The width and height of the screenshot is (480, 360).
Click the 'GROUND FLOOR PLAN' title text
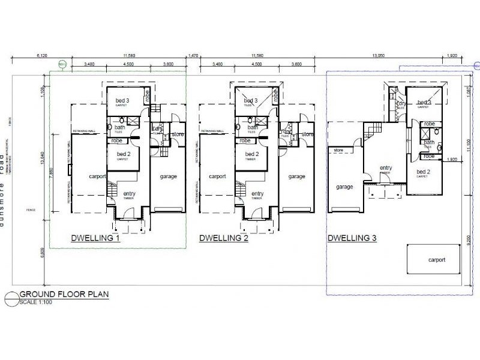(x=56, y=294)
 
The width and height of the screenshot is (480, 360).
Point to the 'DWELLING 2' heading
(x=222, y=238)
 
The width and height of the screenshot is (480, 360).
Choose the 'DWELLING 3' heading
(x=352, y=238)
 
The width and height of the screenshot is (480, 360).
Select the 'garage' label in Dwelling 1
(x=168, y=176)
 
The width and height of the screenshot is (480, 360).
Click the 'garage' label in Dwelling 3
(x=344, y=187)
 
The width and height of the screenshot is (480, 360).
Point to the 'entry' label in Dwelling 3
(x=385, y=168)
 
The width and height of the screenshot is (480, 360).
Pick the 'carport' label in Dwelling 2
(x=217, y=176)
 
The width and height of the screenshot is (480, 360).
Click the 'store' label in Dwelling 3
(x=338, y=149)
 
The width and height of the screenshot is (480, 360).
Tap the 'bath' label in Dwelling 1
(x=119, y=127)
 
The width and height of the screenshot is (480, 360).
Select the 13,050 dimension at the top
(x=378, y=55)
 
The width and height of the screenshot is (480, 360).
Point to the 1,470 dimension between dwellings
(x=193, y=55)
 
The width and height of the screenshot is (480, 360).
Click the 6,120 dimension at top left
(x=42, y=55)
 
